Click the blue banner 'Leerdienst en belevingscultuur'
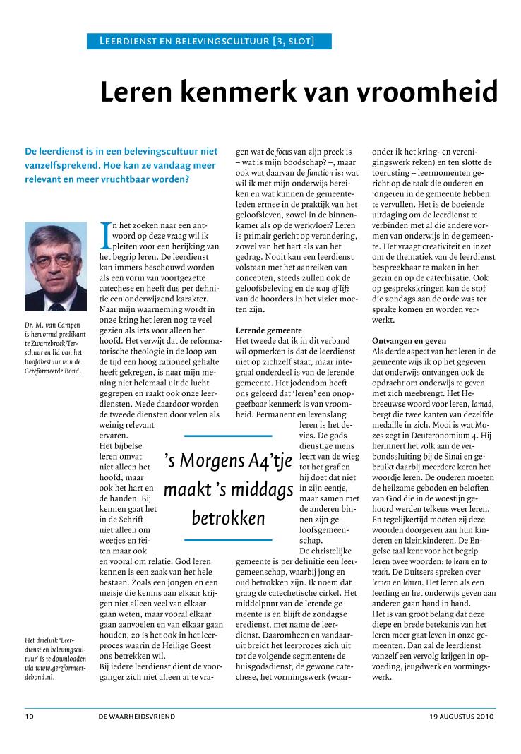tap(209, 42)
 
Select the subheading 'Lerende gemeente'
tap(268, 330)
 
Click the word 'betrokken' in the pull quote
tap(228, 519)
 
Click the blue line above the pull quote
tap(228, 436)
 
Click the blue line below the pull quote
tap(228, 540)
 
